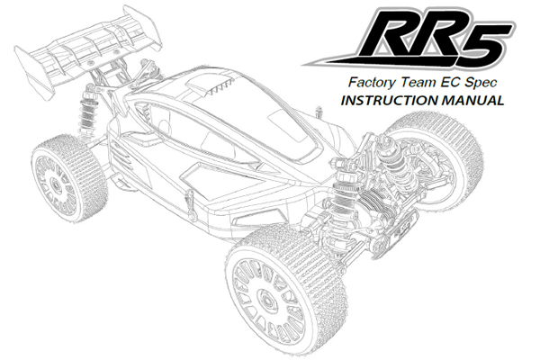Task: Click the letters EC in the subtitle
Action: (x=450, y=82)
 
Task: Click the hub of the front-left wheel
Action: (x=266, y=301)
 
